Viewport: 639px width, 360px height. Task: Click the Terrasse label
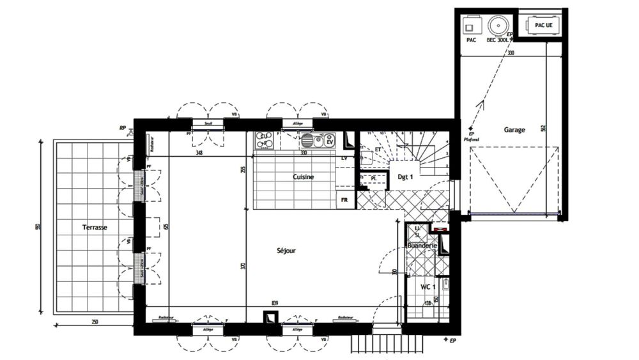pyautogui.click(x=94, y=227)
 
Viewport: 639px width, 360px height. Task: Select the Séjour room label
pyautogui.click(x=286, y=251)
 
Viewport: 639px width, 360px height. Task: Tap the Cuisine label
pyautogui.click(x=303, y=177)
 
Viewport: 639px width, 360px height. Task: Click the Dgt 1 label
pyautogui.click(x=405, y=177)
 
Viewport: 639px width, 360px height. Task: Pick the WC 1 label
pyautogui.click(x=427, y=286)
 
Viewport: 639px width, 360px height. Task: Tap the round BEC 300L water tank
pyautogui.click(x=497, y=26)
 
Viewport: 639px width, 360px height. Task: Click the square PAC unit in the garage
pyautogui.click(x=471, y=27)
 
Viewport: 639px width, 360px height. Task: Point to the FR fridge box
pyautogui.click(x=344, y=200)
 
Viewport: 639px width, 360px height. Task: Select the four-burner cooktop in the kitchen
pyautogui.click(x=264, y=140)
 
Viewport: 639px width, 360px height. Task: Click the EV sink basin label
pyautogui.click(x=330, y=142)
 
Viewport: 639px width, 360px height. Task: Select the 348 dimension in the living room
pyautogui.click(x=200, y=153)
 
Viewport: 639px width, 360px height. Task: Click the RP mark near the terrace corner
pyautogui.click(x=121, y=128)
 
